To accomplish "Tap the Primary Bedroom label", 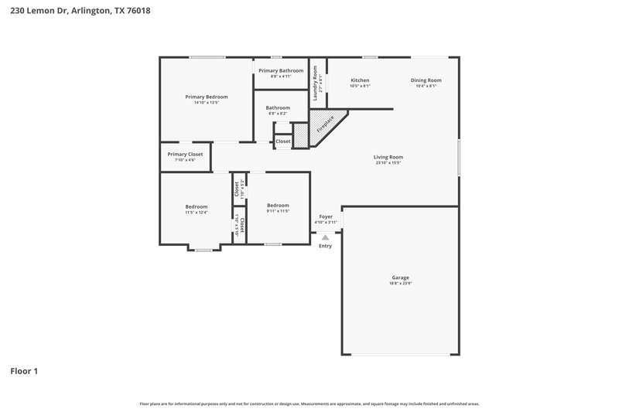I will point(207,97).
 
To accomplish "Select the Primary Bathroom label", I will point(281,70).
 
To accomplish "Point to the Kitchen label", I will point(360,80).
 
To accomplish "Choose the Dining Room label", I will point(426,80).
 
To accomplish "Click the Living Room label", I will point(389,157).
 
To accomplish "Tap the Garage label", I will point(400,278).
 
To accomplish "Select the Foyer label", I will point(326,217).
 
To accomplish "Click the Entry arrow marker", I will point(325,238).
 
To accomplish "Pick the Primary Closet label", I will point(185,154).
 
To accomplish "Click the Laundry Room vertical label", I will point(316,80).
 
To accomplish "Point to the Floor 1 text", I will point(24,371).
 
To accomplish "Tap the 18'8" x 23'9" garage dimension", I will point(400,284).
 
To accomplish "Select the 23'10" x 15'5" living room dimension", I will point(389,163).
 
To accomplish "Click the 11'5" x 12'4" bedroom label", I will point(197,213).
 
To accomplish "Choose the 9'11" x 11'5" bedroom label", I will point(278,211).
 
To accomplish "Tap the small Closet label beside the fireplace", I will point(283,141).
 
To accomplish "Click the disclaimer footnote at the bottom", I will point(309,403).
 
